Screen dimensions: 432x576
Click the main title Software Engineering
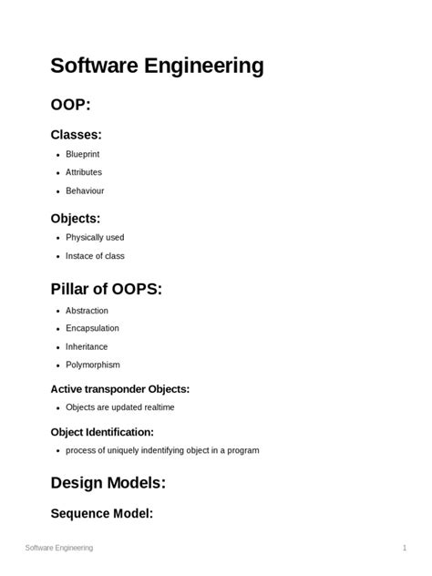click(157, 66)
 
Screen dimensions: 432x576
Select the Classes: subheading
click(76, 135)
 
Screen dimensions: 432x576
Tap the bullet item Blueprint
click(83, 154)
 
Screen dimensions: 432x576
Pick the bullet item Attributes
click(84, 172)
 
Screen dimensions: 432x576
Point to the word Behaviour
click(85, 190)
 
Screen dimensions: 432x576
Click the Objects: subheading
click(75, 218)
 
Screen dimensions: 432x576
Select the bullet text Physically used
click(95, 238)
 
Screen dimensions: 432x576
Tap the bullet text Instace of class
click(95, 256)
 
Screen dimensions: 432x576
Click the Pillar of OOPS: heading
click(106, 289)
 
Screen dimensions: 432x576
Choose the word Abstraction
click(87, 311)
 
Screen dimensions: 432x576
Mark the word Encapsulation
click(92, 328)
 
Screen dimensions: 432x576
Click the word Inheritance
click(87, 346)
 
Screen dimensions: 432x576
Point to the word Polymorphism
click(92, 365)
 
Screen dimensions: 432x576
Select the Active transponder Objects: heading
click(119, 389)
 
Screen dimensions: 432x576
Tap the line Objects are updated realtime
click(119, 407)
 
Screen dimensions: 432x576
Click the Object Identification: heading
click(101, 432)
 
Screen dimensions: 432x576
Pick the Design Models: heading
click(108, 482)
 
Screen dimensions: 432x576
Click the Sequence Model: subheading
click(101, 513)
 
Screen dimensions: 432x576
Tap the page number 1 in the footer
click(404, 548)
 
